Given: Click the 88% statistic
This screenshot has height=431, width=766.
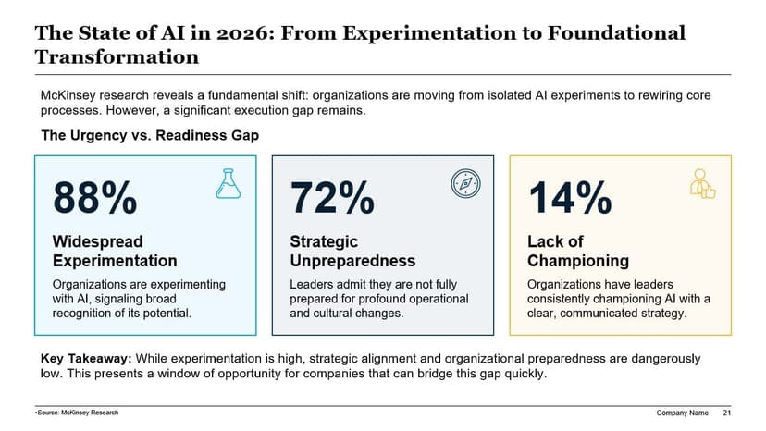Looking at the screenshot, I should point(95,199).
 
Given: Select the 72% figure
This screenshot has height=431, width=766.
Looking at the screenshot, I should point(332,199).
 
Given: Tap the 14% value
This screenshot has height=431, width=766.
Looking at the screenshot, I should point(569,199).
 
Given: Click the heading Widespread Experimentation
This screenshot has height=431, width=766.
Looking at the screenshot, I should point(114,251).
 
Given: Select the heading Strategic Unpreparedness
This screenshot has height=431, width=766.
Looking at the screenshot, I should point(352,251).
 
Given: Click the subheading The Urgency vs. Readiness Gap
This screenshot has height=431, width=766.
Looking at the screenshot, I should point(150,136).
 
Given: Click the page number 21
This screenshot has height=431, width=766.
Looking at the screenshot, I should point(727,412).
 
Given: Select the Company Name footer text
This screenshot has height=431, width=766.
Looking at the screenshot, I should point(682,412).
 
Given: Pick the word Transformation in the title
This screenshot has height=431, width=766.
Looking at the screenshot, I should point(117,56).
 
